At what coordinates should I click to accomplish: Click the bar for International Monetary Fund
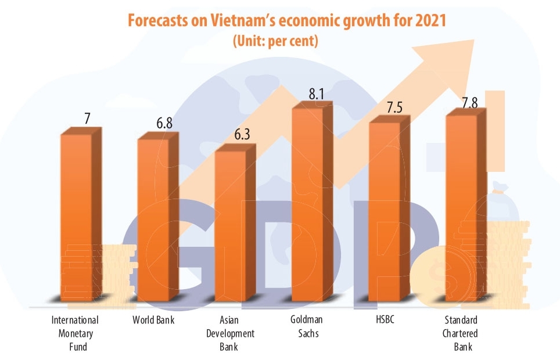77,218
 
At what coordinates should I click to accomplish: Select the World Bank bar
153,221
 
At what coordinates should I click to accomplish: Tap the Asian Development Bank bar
231,226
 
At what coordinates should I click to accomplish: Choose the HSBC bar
385,212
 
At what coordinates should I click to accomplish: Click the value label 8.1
316,94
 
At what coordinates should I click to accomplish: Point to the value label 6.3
239,135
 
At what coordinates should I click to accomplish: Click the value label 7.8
471,103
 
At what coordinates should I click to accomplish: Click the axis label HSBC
385,320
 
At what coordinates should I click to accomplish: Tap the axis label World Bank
153,320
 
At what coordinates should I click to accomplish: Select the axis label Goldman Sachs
306,326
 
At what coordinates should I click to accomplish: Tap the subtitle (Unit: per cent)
276,42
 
